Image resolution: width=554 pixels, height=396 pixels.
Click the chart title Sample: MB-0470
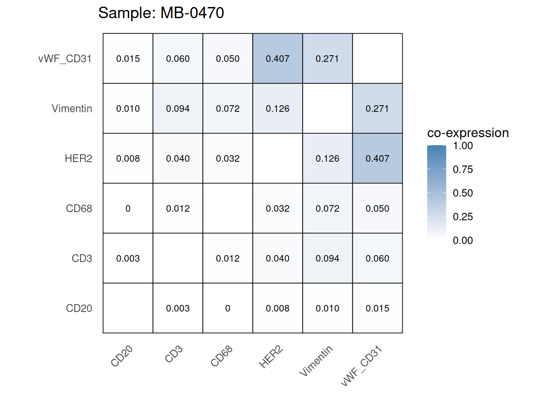pos(161,13)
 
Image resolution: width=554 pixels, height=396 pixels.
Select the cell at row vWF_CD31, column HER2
pos(277,59)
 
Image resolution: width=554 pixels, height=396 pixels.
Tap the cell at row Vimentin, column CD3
pos(178,108)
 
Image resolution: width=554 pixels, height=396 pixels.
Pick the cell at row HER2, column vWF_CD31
pos(377,158)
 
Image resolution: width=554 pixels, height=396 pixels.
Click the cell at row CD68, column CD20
pos(128,208)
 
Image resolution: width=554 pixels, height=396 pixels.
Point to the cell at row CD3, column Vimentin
pos(327,258)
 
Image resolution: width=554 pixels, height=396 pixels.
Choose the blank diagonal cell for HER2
pos(277,158)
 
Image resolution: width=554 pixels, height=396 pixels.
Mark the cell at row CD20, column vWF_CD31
pos(377,308)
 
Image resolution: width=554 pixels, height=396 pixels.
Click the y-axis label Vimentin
pos(72,108)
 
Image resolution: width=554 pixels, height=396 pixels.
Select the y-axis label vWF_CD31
pos(65,59)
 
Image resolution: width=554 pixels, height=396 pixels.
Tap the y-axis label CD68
pos(79,208)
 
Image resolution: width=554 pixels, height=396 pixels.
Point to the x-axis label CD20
pos(122,356)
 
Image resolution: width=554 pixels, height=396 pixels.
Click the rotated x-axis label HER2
pos(271,357)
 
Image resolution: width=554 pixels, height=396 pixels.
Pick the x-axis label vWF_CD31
pos(362,366)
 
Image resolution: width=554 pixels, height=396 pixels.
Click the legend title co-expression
pos(468,133)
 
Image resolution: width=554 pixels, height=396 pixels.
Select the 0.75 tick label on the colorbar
pos(462,169)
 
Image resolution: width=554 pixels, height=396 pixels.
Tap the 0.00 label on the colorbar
pos(462,240)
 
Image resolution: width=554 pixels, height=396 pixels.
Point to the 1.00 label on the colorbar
pos(462,146)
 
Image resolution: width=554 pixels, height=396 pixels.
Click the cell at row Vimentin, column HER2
pos(277,108)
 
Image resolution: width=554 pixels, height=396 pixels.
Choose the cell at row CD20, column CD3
pos(178,308)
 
